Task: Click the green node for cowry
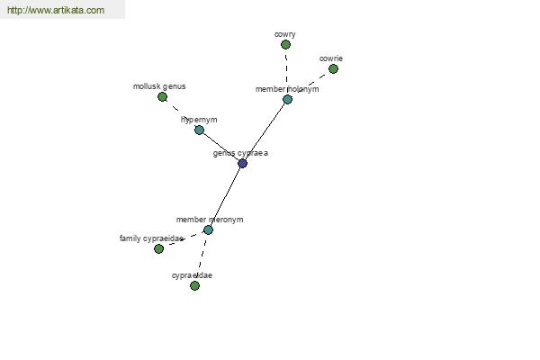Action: click(285, 44)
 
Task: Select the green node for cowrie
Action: click(333, 69)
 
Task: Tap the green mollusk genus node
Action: click(162, 97)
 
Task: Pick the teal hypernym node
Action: click(199, 130)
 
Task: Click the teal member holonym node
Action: click(288, 100)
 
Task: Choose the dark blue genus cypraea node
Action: click(242, 163)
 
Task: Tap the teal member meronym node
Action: click(208, 229)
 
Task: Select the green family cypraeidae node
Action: click(158, 248)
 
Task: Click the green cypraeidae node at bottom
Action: click(194, 285)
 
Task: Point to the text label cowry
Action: click(284, 34)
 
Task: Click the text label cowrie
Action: click(331, 58)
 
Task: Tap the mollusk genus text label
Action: click(159, 86)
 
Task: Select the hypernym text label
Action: click(199, 120)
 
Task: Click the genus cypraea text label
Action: click(240, 153)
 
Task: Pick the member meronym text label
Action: click(210, 220)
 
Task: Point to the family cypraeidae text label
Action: click(151, 238)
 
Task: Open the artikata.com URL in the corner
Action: click(56, 10)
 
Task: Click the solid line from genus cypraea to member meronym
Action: click(225, 196)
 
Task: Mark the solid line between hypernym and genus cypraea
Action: click(220, 147)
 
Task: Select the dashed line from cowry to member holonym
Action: click(286, 72)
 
